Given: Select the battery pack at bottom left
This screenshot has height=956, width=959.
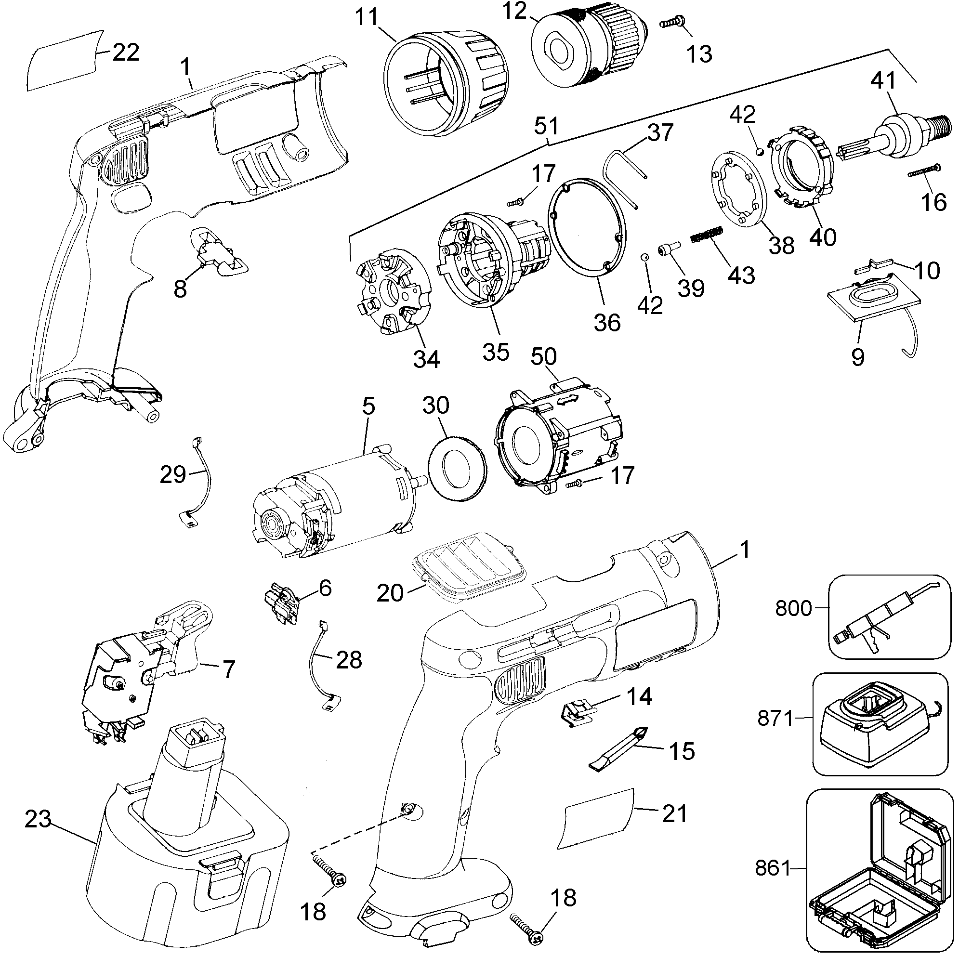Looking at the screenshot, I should coord(189,854).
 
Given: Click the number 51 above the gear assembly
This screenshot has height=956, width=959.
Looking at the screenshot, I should coord(547,126).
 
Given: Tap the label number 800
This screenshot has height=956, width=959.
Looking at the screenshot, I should coord(793,609).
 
